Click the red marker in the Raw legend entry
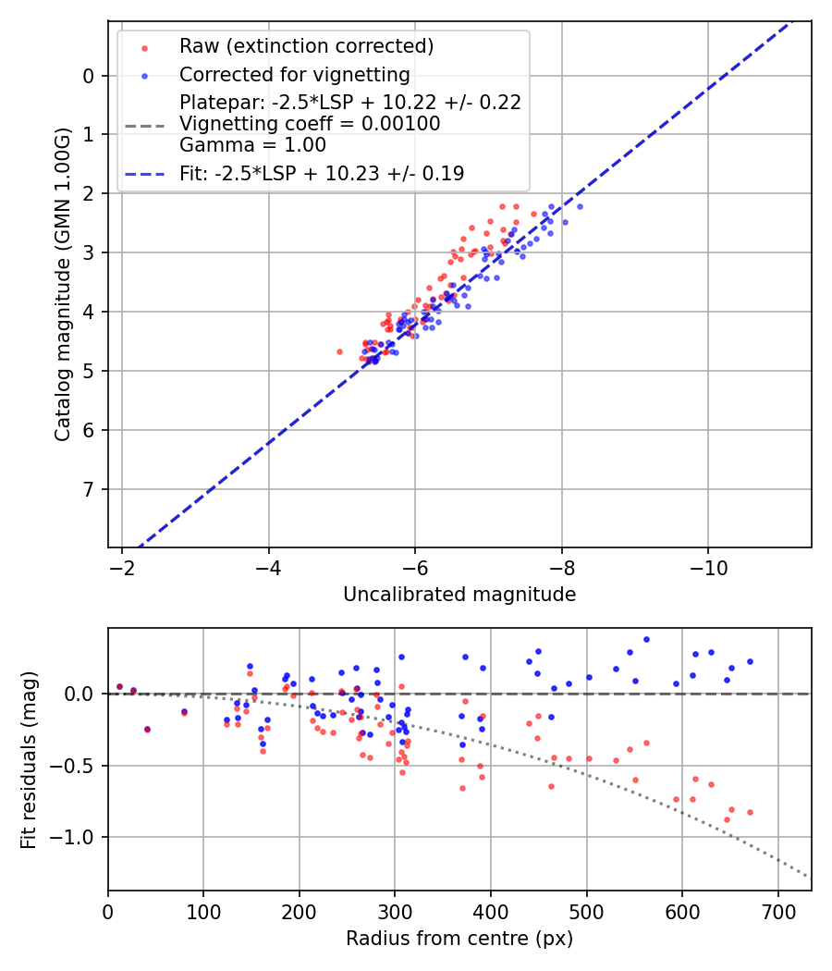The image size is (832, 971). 144,46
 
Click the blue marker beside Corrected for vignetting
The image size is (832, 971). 144,74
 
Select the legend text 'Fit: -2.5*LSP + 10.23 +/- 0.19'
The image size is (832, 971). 322,173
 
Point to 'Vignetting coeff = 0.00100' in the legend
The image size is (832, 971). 310,124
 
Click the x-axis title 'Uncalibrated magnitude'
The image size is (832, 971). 459,595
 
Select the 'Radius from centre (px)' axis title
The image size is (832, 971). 459,939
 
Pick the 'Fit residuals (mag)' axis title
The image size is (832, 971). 30,759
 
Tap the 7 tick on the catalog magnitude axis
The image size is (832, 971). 89,489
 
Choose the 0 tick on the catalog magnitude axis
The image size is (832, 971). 89,76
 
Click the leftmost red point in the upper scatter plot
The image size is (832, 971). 339,351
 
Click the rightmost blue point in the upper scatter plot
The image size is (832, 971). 580,206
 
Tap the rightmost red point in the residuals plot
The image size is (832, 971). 750,812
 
